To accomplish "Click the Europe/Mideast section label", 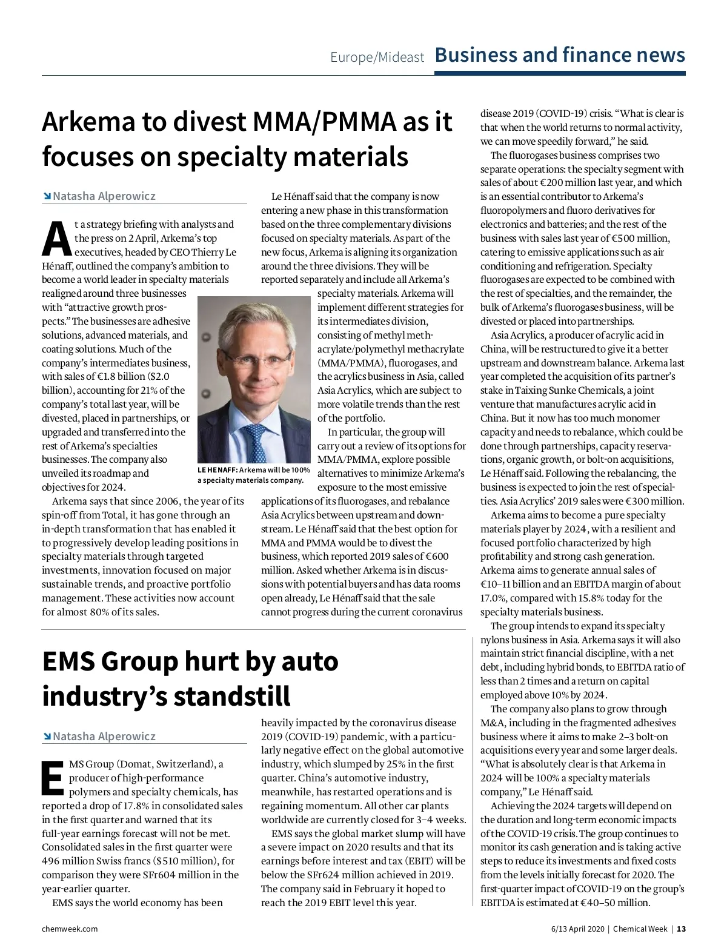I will click(377, 58).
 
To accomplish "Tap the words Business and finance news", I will click(560, 55).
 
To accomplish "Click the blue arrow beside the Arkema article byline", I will click(47, 196).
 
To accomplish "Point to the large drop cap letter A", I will click(56, 239).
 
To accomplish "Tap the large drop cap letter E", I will click(53, 778).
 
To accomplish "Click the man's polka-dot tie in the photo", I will click(256, 442).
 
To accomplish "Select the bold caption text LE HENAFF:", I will click(217, 470).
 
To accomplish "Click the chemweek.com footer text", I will click(70, 929).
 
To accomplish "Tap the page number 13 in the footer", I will click(682, 929).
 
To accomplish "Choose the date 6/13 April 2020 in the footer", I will click(577, 929).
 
